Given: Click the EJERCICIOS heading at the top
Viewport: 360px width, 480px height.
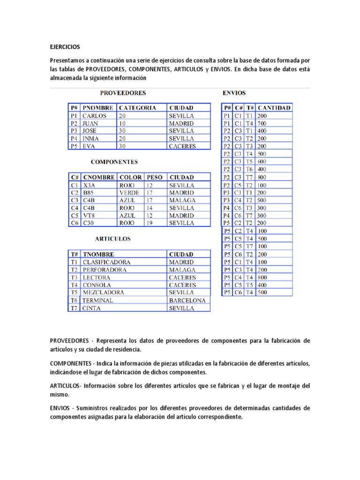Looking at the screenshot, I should click(x=65, y=47).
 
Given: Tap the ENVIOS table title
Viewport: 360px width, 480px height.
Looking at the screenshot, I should click(x=234, y=93).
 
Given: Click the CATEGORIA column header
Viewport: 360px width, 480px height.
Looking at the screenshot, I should click(x=137, y=108).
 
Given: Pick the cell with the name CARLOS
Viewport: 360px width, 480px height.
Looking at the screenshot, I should click(x=94, y=116).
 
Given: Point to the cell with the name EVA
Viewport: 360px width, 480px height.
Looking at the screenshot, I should click(x=89, y=146).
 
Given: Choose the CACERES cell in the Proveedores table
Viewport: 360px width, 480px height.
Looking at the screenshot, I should click(x=182, y=146).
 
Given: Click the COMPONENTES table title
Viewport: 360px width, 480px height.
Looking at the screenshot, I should click(x=114, y=162).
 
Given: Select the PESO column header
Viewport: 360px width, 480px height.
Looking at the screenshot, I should click(x=155, y=177).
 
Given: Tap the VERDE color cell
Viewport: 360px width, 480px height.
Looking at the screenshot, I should click(x=129, y=193).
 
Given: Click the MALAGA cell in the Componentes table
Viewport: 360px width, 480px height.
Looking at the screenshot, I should click(x=182, y=200).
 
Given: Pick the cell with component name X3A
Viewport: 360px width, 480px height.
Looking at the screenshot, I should click(x=89, y=185).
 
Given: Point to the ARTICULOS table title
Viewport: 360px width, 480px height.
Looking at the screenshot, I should click(x=113, y=239).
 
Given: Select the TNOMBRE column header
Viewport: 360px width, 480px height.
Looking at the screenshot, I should click(x=98, y=254).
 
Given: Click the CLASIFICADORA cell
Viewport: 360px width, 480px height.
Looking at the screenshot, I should click(x=106, y=262).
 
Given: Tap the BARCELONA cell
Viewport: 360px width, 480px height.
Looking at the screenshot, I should click(x=187, y=300).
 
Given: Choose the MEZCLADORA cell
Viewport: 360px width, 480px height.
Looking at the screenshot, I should click(x=104, y=292).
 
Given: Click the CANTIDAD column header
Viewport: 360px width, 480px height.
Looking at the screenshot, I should click(x=274, y=108).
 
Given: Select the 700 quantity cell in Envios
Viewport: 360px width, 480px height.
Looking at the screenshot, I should click(x=262, y=123).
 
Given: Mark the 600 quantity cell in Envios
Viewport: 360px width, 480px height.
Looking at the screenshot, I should click(x=262, y=161).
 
